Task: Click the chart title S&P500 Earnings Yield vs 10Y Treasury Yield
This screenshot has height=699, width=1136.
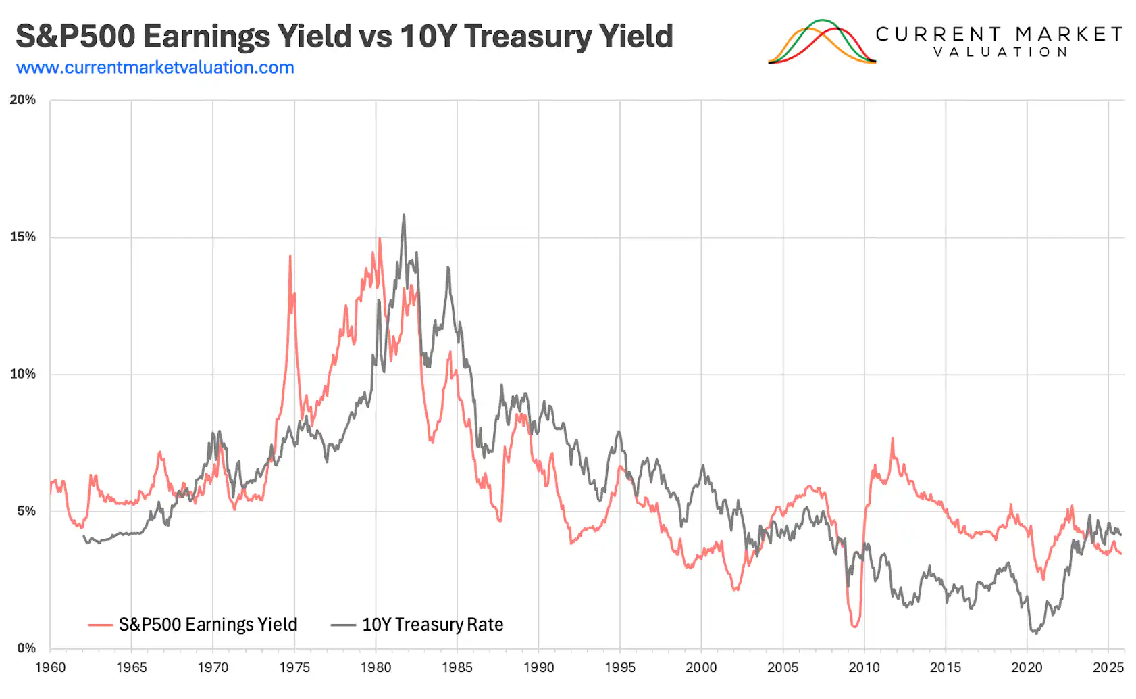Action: coord(344,37)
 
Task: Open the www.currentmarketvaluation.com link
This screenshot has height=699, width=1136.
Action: coord(155,68)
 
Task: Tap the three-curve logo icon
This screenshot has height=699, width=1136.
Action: coord(821,42)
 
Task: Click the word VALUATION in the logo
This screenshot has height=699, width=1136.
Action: coord(1000,52)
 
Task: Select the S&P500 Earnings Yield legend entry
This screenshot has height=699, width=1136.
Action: coord(193,625)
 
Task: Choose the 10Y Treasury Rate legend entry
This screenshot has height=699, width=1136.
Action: coord(418,625)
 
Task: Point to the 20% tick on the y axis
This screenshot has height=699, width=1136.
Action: coord(23,100)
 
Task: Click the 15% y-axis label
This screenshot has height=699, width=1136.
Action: coord(23,237)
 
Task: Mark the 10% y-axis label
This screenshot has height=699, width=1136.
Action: coord(23,375)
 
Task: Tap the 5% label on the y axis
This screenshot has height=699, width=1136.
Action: coord(26,511)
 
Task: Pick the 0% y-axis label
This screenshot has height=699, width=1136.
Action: coord(26,648)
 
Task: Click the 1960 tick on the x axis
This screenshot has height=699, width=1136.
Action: coord(50,668)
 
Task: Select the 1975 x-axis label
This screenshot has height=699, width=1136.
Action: coord(294,668)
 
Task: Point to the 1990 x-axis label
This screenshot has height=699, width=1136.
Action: coord(538,668)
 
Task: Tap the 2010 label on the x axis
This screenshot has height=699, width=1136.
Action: coord(864,668)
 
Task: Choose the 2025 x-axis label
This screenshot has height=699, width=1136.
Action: coord(1108,668)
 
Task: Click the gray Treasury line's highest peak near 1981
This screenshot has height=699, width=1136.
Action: coord(404,216)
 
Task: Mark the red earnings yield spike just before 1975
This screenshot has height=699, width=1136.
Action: coord(290,256)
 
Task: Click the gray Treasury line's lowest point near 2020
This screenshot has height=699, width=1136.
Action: coord(1035,633)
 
